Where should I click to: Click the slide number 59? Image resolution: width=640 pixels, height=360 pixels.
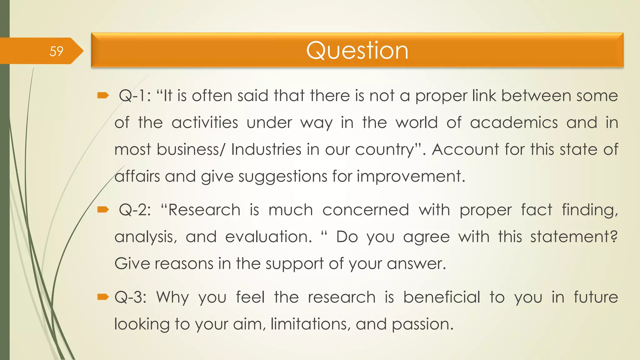[x=56, y=51]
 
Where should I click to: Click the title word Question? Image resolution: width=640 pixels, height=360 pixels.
[x=357, y=50]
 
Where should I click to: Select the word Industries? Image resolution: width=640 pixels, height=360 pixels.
[x=266, y=149]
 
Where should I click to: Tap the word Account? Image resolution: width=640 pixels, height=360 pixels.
[x=465, y=149]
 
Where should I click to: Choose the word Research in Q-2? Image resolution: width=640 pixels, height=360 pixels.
[x=204, y=210]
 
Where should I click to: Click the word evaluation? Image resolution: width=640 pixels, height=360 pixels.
[x=268, y=237]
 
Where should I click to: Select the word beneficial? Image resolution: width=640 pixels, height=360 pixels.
[x=441, y=297]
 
